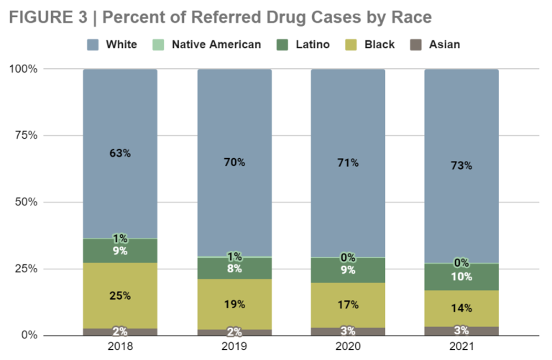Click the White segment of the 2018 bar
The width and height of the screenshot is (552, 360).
point(120,154)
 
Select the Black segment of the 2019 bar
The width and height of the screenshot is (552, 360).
point(234,304)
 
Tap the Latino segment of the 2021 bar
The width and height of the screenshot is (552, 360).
point(461,277)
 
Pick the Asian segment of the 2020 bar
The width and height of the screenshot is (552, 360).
point(348,331)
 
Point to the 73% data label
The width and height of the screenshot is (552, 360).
point(461,165)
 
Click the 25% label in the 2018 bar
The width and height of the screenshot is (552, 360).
point(120,295)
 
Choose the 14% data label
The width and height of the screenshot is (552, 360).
point(461,308)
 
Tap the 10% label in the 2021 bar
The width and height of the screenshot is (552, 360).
point(461,277)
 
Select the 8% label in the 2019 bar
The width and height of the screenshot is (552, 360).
point(234,269)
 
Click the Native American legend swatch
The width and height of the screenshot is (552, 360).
point(158,45)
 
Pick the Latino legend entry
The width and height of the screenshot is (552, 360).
point(303,45)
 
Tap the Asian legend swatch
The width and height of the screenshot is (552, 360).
point(415,45)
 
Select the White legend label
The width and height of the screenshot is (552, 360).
point(121,45)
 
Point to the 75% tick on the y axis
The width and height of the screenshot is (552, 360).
point(26,135)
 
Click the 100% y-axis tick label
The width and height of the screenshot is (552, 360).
point(23,68)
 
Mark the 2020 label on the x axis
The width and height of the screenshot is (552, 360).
point(348,346)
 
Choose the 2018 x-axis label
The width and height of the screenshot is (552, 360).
point(120,346)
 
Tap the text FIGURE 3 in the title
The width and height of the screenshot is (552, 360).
point(48,17)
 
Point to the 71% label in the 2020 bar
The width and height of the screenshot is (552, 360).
point(348,162)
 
